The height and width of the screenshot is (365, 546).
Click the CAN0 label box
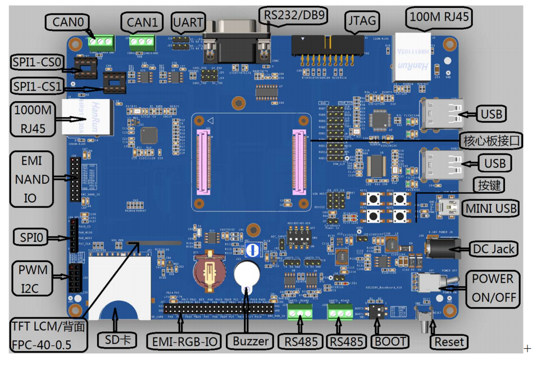pyautogui.click(x=68, y=22)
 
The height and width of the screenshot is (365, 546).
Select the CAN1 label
pyautogui.click(x=142, y=22)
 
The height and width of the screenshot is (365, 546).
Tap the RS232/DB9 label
pyautogui.click(x=295, y=13)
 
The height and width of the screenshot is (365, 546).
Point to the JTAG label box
pyautogui.click(x=362, y=21)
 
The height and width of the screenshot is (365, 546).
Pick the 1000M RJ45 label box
pyautogui.click(x=33, y=119)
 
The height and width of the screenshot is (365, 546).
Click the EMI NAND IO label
pyautogui.click(x=32, y=179)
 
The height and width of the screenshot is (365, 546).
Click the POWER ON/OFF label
pyautogui.click(x=492, y=288)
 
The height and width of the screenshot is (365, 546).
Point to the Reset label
pyautogui.click(x=449, y=341)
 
